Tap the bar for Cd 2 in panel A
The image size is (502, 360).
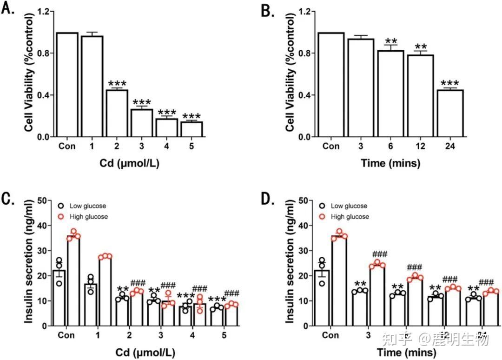117,113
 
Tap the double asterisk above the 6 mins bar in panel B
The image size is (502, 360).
391,41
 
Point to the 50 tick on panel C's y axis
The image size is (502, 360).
44,200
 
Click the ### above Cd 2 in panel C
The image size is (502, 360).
138,283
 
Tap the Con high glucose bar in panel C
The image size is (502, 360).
73,282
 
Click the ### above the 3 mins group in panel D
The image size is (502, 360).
380,254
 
